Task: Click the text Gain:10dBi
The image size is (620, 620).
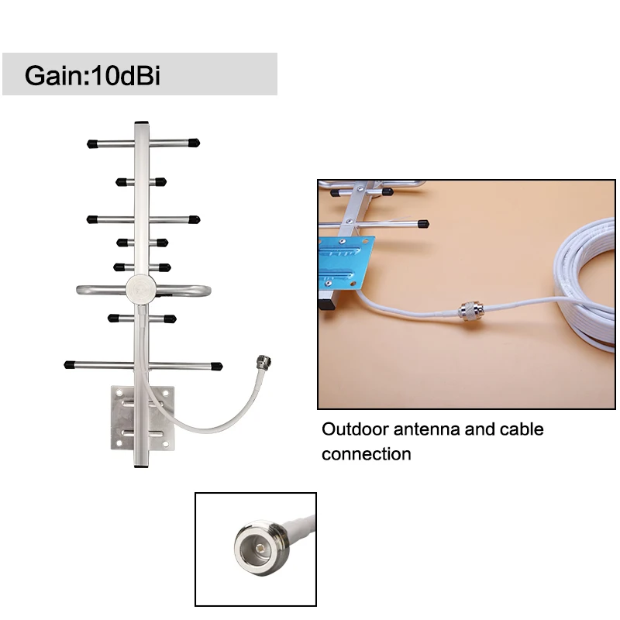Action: pyautogui.click(x=92, y=75)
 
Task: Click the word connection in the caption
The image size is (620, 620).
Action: pyautogui.click(x=367, y=454)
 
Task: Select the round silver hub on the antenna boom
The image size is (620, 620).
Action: pyautogui.click(x=141, y=288)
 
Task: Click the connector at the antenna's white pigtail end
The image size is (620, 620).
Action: pyautogui.click(x=264, y=361)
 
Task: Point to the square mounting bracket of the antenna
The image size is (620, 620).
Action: pyautogui.click(x=143, y=418)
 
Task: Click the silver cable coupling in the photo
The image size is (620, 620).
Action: pyautogui.click(x=468, y=312)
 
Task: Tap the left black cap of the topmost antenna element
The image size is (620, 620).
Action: pyautogui.click(x=92, y=143)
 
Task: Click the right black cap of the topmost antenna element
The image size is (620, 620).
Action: pyautogui.click(x=194, y=143)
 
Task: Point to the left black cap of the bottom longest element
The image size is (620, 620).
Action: pyautogui.click(x=70, y=363)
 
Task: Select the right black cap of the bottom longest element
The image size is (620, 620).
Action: pyautogui.click(x=216, y=366)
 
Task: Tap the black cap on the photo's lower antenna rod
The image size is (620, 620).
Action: pyautogui.click(x=423, y=223)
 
